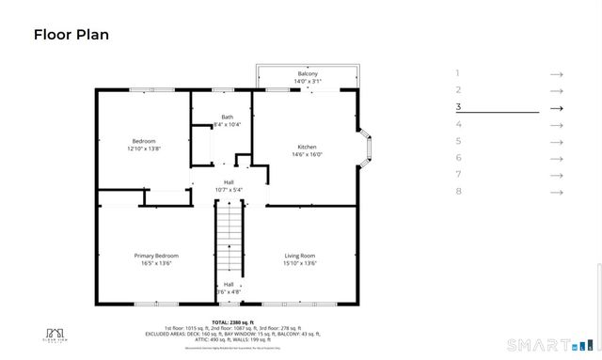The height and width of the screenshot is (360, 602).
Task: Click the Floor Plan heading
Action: pyautogui.click(x=71, y=36)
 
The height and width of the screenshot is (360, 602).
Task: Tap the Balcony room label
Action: pyautogui.click(x=308, y=74)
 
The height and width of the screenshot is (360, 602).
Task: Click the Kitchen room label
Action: pyautogui.click(x=307, y=148)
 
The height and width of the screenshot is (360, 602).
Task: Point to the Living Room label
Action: pyautogui.click(x=300, y=256)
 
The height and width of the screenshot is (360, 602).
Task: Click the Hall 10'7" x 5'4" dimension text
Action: pyautogui.click(x=229, y=190)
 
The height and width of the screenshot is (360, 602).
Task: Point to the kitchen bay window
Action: pyautogui.click(x=367, y=148)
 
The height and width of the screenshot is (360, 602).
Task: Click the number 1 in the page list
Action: pyautogui.click(x=458, y=73)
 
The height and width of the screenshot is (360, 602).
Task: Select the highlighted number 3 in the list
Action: pyautogui.click(x=458, y=107)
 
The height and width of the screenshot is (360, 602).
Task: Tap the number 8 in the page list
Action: pyautogui.click(x=458, y=192)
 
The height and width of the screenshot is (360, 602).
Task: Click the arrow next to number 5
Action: pyautogui.click(x=556, y=141)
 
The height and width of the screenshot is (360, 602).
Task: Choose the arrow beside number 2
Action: pyautogui.click(x=556, y=90)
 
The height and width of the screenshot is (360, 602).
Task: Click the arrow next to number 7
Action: pyautogui.click(x=556, y=175)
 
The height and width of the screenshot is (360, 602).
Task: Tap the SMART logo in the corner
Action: pyautogui.click(x=538, y=343)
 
